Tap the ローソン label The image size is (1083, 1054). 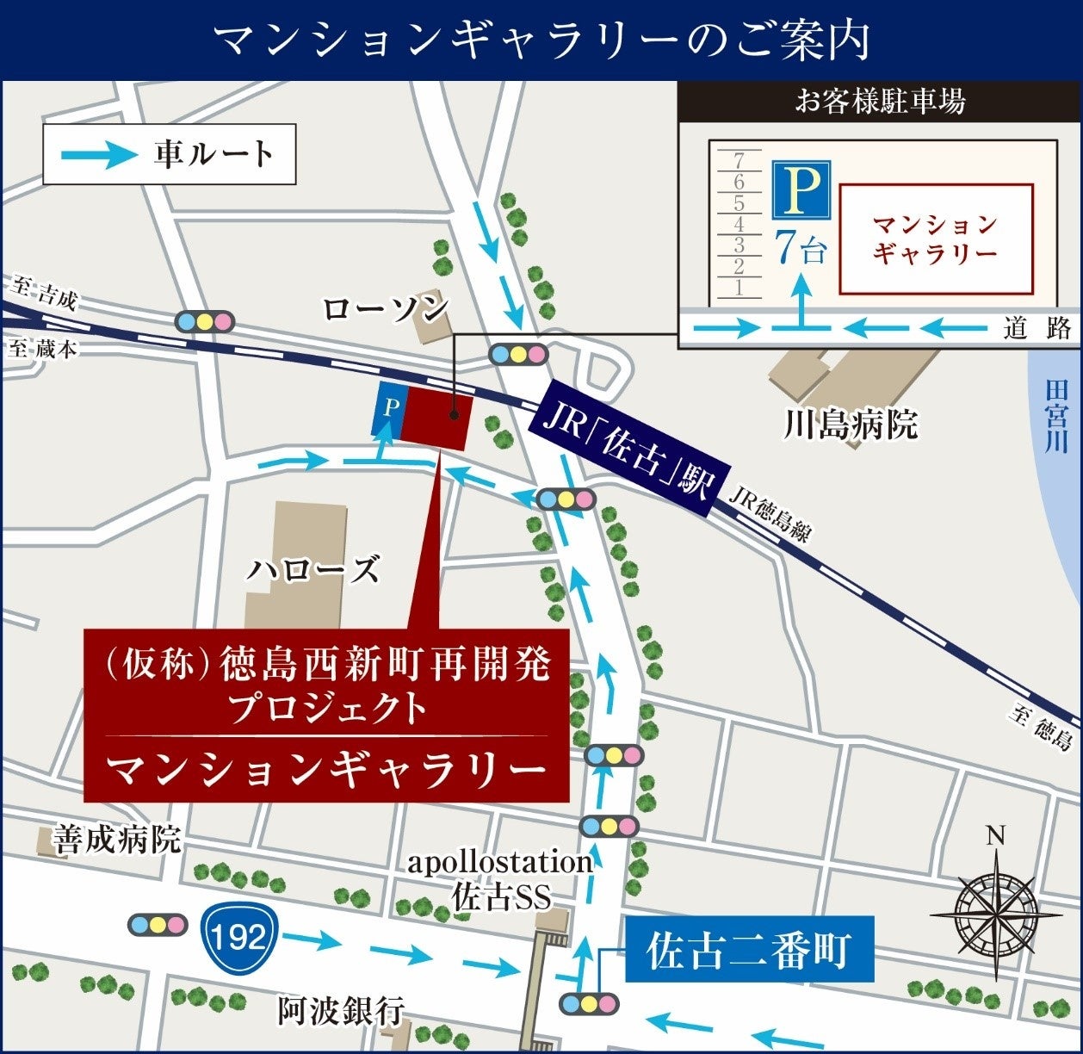tap(387, 309)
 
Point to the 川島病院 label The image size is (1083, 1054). tap(850, 425)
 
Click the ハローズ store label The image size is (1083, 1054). tap(313, 570)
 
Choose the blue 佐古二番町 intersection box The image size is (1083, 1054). tap(748, 951)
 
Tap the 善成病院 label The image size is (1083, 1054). tap(117, 839)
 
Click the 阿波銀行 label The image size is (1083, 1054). tap(341, 1011)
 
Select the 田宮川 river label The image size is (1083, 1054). tap(1055, 416)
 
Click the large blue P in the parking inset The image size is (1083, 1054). tap(801, 191)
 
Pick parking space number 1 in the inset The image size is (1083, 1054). tap(739, 288)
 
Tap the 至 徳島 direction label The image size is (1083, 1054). tap(1042, 727)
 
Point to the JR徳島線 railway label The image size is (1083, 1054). tap(770, 515)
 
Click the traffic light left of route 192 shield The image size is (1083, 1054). tap(157, 925)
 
